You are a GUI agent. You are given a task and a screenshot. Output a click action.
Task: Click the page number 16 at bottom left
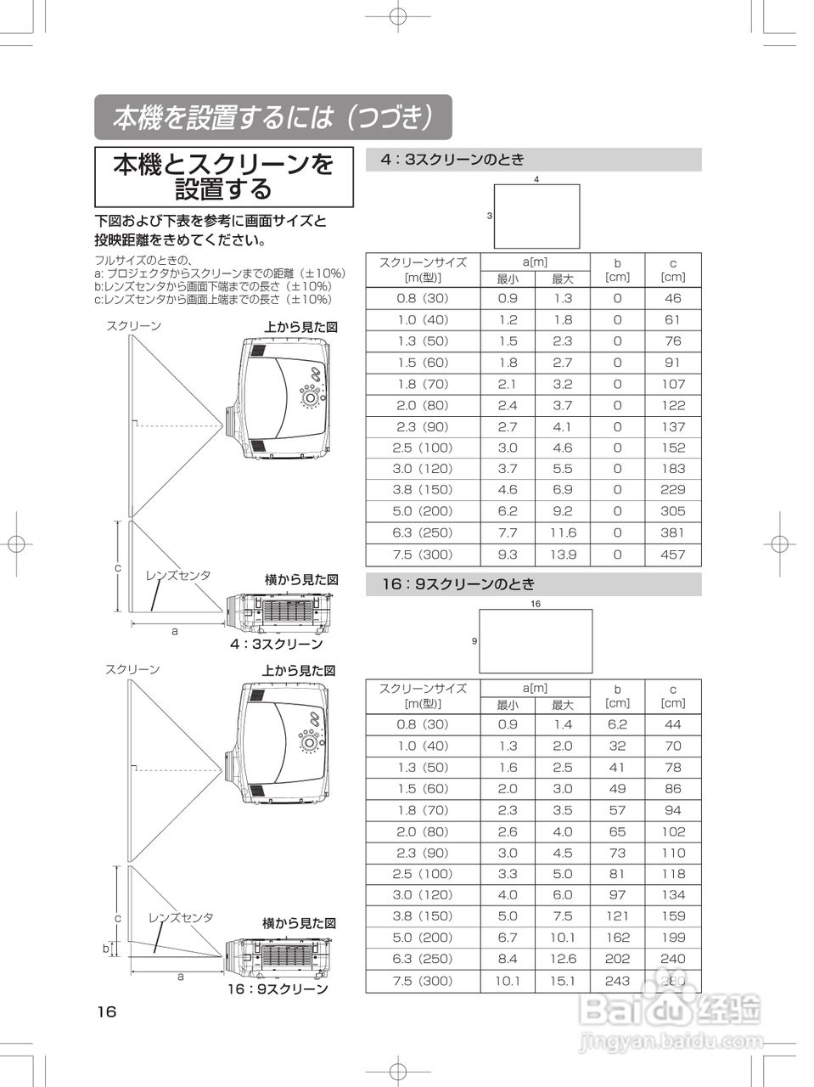coord(106,1011)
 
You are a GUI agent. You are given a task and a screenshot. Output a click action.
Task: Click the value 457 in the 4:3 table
coord(672,555)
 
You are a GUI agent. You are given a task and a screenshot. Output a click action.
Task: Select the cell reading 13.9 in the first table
coord(562,555)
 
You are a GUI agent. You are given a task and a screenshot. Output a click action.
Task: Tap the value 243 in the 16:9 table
coord(617,981)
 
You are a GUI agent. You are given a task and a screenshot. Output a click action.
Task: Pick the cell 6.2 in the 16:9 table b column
coord(617,724)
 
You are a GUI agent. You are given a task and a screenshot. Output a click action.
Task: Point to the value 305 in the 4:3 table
coord(672,511)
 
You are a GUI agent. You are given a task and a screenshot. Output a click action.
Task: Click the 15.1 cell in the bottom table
coord(562,981)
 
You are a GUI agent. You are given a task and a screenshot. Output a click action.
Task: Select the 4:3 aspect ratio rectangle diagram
coord(537,216)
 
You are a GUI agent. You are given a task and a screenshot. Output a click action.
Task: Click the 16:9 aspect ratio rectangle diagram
coord(536,641)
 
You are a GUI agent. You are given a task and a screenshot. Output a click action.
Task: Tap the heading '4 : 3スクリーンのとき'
coord(452,160)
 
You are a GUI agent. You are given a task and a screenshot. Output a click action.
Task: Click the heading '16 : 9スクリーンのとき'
coord(458,584)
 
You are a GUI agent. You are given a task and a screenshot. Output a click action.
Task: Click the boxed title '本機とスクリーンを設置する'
coord(223,177)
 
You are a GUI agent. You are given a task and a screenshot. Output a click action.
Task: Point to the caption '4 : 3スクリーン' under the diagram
coord(276,644)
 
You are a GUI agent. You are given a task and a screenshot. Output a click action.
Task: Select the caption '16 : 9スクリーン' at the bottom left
coord(277,989)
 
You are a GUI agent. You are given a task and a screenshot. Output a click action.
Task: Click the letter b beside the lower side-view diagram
coord(105,949)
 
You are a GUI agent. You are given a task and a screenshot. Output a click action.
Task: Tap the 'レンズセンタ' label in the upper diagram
coord(178,576)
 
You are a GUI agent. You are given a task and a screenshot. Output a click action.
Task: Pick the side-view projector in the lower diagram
coord(281,955)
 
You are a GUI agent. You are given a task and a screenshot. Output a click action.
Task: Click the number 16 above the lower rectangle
coord(536,604)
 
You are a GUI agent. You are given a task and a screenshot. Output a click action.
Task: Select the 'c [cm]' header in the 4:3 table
coord(672,270)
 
